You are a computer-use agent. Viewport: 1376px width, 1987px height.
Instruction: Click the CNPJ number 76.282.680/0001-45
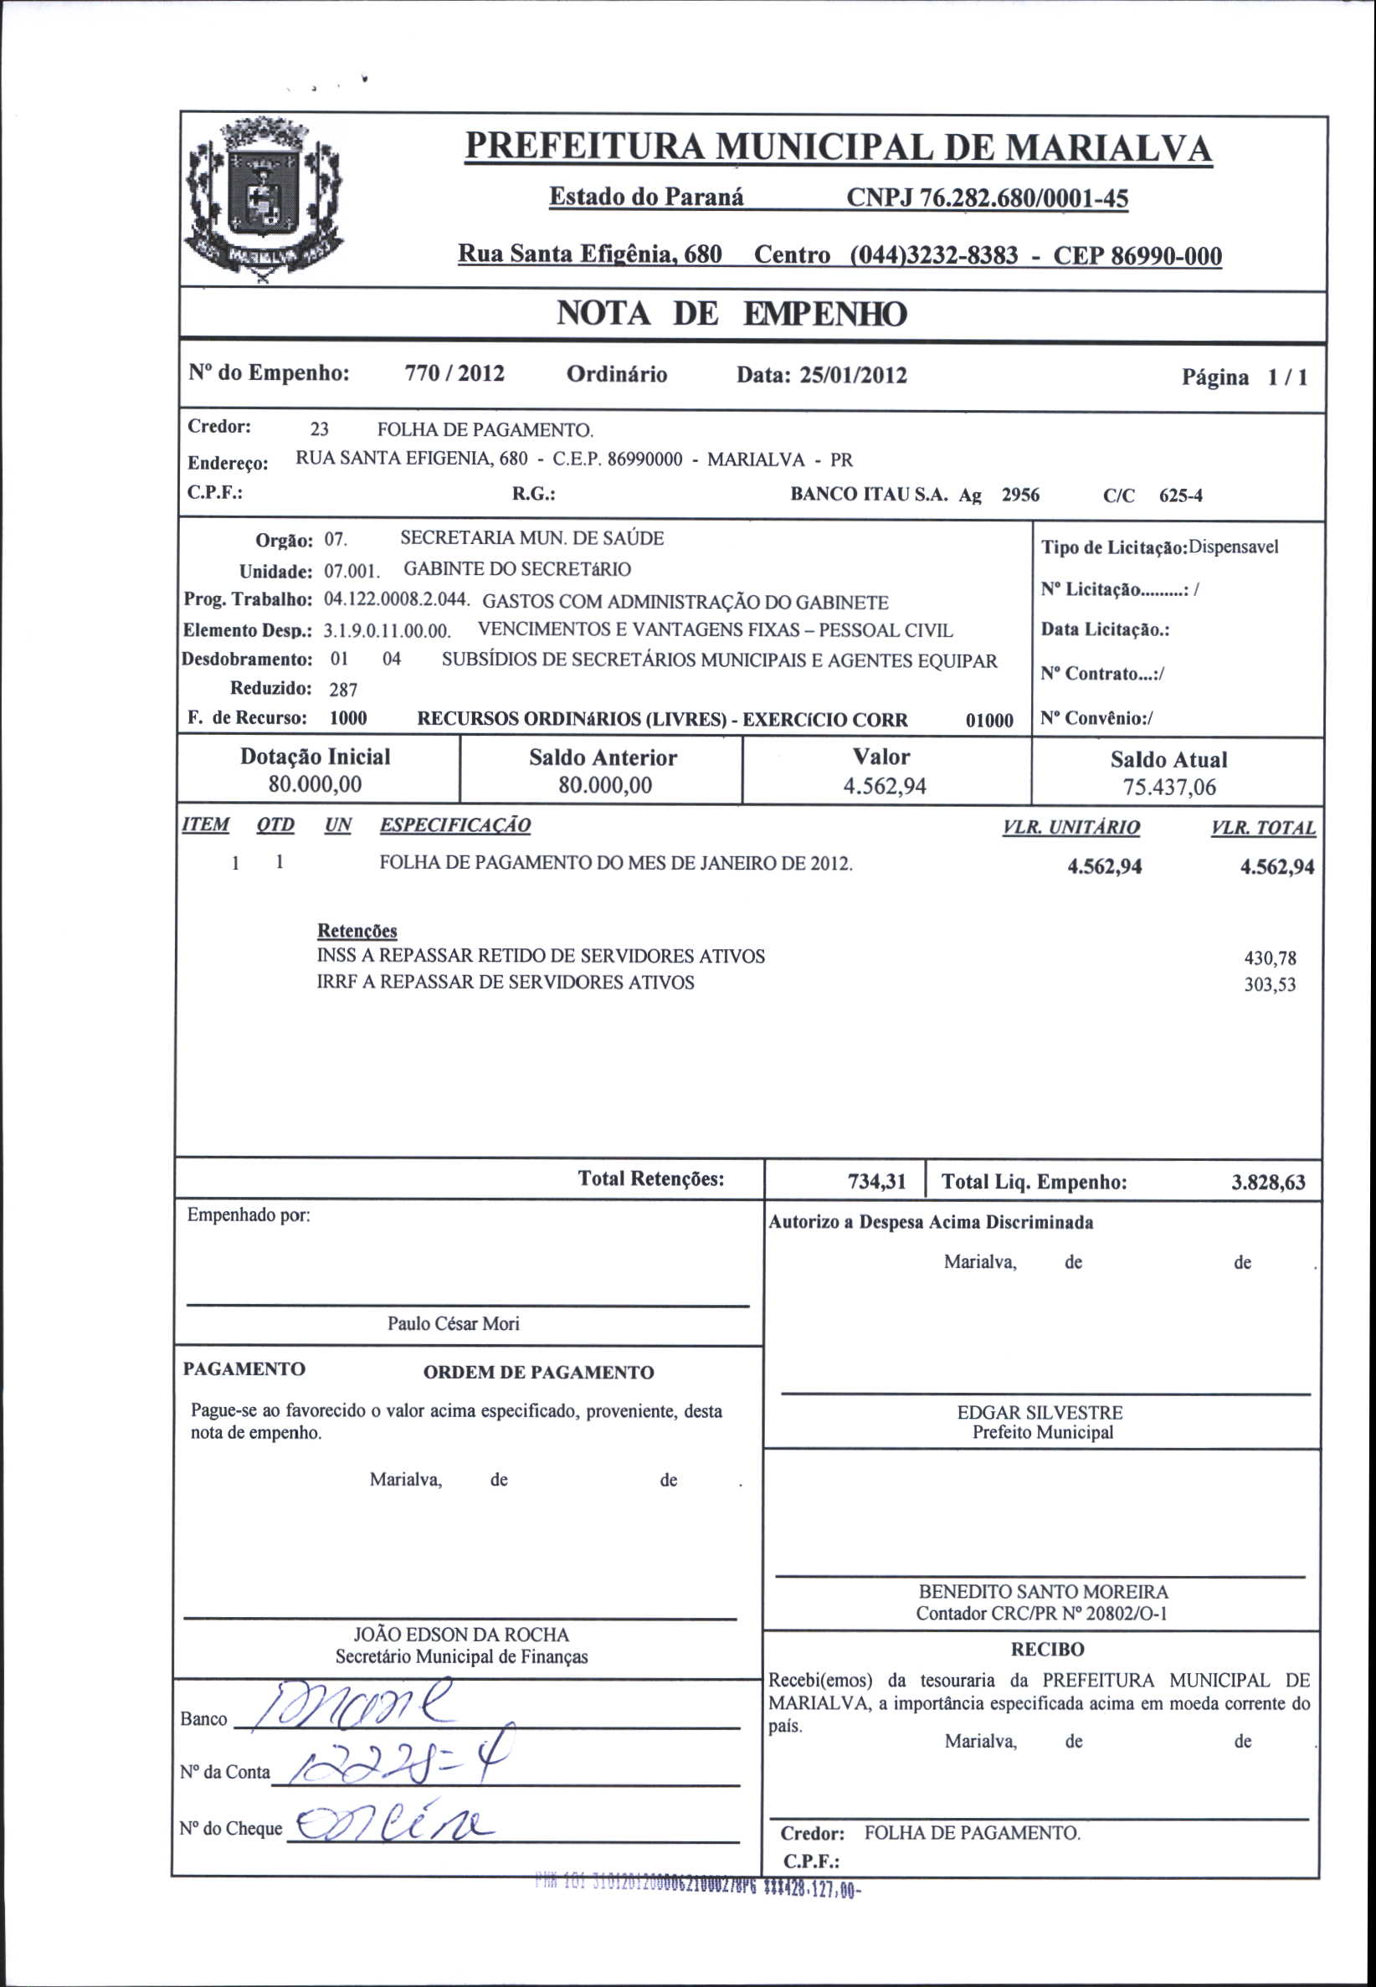click(x=986, y=198)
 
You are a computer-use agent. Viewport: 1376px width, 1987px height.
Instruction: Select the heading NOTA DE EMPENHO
click(x=732, y=314)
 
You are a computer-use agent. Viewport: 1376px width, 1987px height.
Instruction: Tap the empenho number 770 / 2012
click(x=454, y=374)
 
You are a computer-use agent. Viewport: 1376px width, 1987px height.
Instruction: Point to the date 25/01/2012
click(x=853, y=375)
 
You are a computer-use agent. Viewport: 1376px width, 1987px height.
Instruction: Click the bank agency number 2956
click(x=1020, y=495)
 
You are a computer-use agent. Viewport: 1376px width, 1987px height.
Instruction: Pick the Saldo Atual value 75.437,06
click(x=1168, y=787)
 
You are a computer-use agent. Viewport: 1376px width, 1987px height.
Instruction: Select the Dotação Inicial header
click(x=315, y=757)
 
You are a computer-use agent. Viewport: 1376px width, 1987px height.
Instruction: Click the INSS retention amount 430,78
click(x=1269, y=958)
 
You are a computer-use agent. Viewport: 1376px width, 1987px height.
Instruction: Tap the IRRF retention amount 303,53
click(x=1269, y=984)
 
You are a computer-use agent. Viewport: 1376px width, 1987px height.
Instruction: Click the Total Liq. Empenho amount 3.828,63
click(x=1267, y=1182)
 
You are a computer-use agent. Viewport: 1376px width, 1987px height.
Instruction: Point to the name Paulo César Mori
click(x=453, y=1323)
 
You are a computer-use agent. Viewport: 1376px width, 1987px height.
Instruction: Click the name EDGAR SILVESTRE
click(x=1039, y=1413)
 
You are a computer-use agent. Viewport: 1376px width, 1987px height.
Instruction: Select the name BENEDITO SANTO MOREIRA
click(x=1042, y=1591)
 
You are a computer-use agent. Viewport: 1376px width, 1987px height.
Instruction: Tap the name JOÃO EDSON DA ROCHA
click(x=461, y=1635)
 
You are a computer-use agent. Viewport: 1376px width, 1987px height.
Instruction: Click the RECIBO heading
click(x=1047, y=1649)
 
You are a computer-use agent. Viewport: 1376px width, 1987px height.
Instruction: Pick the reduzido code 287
click(x=343, y=690)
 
